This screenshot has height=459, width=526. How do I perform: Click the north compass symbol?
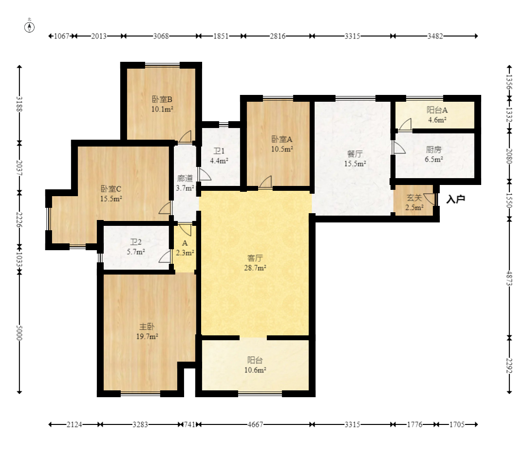[30, 27]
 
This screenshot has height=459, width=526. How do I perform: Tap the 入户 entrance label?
[455, 199]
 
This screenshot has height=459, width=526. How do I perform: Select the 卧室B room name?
[162, 99]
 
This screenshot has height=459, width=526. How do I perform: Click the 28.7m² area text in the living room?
[255, 268]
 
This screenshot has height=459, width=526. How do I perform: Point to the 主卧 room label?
[147, 327]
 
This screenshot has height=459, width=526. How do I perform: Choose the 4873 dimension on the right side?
[509, 278]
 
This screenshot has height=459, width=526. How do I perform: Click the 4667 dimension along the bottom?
[255, 424]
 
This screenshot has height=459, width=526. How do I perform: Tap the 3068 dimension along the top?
[161, 36]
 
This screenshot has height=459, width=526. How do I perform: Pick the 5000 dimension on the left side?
[19, 332]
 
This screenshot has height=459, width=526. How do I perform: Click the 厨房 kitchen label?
[433, 149]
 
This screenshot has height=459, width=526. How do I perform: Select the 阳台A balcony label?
[437, 110]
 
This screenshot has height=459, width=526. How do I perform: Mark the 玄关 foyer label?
[414, 198]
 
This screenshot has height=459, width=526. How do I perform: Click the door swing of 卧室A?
[265, 182]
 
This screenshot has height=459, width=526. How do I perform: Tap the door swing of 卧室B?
[185, 136]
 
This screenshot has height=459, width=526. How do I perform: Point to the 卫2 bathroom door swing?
[165, 257]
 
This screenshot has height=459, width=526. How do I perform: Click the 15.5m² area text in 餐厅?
[355, 164]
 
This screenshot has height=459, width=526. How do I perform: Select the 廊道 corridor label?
[185, 178]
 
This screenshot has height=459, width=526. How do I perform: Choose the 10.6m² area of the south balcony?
[255, 370]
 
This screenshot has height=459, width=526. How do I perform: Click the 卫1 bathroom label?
[219, 151]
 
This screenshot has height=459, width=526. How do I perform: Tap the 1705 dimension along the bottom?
[457, 424]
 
